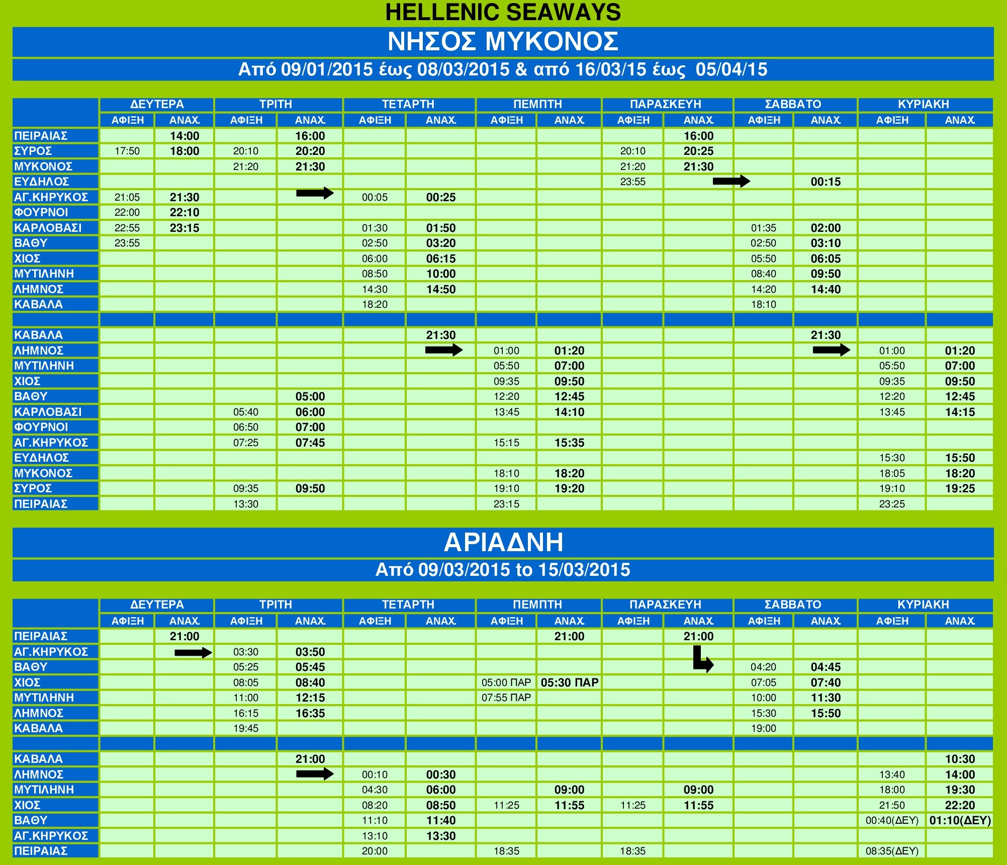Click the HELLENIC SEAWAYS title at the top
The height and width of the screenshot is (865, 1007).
pyautogui.click(x=503, y=12)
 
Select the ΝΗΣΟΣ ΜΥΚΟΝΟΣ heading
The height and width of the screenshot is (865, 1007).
pyautogui.click(x=503, y=41)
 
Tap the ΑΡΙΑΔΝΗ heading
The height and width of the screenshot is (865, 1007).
pyautogui.click(x=503, y=542)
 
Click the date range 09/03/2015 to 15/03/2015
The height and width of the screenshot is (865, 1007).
pyautogui.click(x=503, y=570)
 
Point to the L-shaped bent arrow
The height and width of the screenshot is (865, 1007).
pyautogui.click(x=702, y=659)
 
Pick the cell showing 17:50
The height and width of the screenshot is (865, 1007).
pyautogui.click(x=127, y=151)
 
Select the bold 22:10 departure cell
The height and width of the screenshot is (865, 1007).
pyautogui.click(x=185, y=212)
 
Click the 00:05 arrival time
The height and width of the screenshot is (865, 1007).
pyautogui.click(x=375, y=197)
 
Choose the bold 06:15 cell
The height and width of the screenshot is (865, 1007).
pyautogui.click(x=441, y=258)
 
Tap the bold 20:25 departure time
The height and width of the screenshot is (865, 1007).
pyautogui.click(x=698, y=151)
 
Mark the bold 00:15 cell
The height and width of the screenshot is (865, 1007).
pyautogui.click(x=826, y=182)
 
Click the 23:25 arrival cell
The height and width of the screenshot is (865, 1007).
pyautogui.click(x=892, y=504)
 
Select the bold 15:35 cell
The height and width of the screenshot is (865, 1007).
pyautogui.click(x=569, y=443)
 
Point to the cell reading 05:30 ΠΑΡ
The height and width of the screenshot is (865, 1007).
pyautogui.click(x=569, y=682)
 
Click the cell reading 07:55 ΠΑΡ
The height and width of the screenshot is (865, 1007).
pyautogui.click(x=506, y=698)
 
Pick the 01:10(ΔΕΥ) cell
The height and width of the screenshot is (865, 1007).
pyautogui.click(x=960, y=820)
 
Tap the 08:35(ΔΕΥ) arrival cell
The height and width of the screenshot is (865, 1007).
pyautogui.click(x=892, y=851)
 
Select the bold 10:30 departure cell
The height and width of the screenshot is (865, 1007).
pyautogui.click(x=960, y=759)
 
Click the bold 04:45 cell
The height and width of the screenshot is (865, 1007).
pyautogui.click(x=826, y=667)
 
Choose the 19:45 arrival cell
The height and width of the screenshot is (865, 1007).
pyautogui.click(x=246, y=728)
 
